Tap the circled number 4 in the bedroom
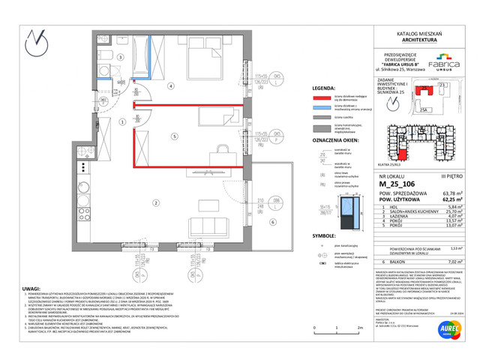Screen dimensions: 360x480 pos(171,86)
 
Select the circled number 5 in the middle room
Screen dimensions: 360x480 pos(174,137)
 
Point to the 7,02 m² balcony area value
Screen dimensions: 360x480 pos(450,262)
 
